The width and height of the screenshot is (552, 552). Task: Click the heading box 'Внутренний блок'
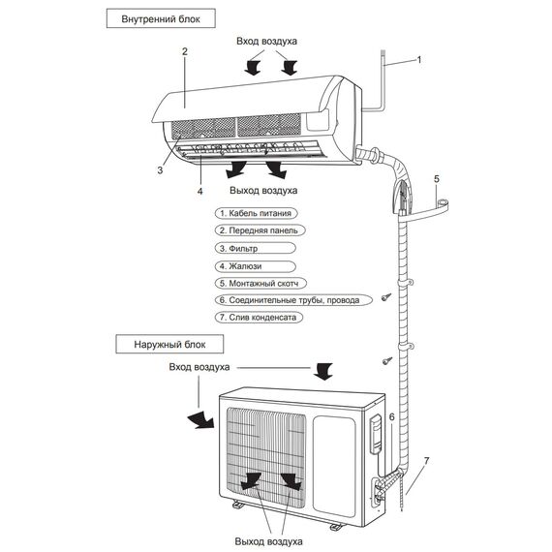[161, 18]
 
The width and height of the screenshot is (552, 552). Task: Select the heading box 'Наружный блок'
[169, 344]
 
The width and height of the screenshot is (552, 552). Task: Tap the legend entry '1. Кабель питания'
[257, 213]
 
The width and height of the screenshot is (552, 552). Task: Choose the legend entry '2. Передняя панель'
[260, 230]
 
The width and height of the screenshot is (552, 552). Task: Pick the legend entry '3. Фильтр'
[256, 248]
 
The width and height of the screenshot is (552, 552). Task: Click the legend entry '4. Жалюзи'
[256, 266]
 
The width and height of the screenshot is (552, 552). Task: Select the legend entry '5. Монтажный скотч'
[261, 284]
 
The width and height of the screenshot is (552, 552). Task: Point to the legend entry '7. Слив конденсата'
[259, 318]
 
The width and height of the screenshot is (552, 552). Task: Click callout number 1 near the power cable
[419, 60]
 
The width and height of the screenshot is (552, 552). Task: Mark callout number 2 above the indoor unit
[185, 51]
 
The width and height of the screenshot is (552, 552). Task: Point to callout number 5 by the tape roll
[437, 179]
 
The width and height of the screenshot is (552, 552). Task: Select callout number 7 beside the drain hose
[427, 460]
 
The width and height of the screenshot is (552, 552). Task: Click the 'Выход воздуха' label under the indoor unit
[263, 191]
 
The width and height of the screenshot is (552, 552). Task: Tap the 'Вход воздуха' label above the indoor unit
[266, 42]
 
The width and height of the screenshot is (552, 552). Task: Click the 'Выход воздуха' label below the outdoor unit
[268, 541]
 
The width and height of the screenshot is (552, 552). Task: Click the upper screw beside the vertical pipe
[385, 297]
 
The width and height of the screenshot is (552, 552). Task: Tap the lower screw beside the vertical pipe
[387, 360]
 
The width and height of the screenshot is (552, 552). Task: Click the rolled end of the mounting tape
[443, 203]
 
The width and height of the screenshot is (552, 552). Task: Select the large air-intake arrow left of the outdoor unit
[199, 419]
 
